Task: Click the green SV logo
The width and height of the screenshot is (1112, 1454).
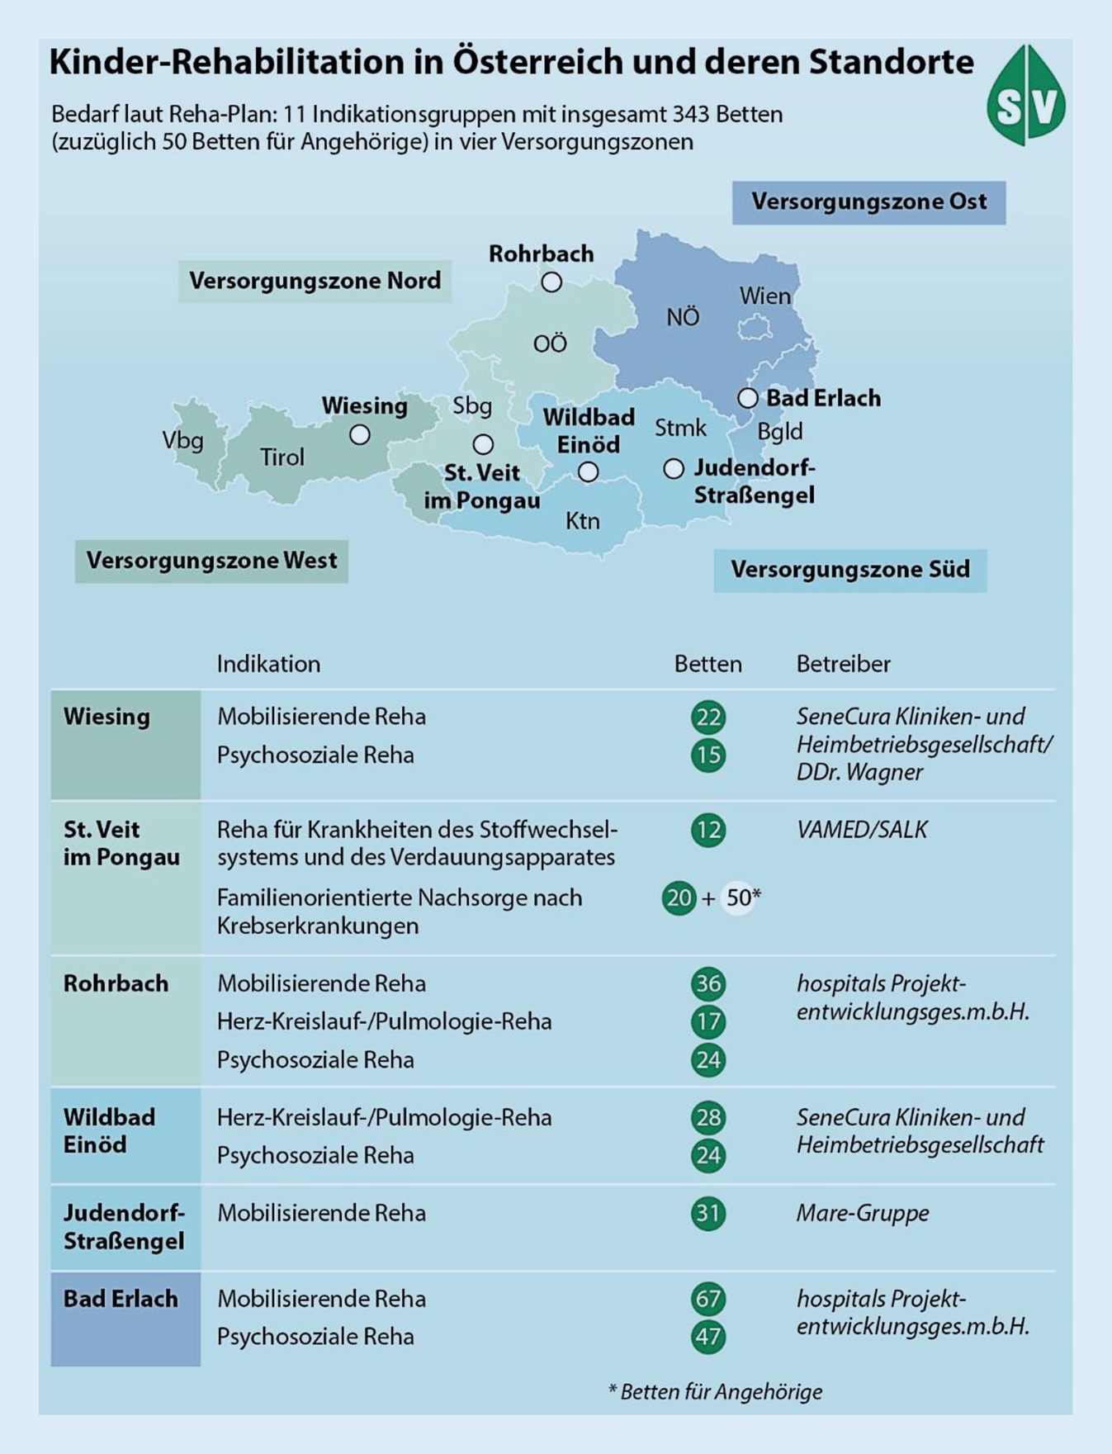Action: pyautogui.click(x=1025, y=96)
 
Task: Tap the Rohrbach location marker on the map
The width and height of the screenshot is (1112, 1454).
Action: pyautogui.click(x=551, y=282)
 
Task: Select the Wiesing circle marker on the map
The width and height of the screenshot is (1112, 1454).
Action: pyautogui.click(x=359, y=435)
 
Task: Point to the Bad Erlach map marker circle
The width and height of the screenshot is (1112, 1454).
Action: pyautogui.click(x=748, y=398)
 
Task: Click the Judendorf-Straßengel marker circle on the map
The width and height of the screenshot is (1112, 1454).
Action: pyautogui.click(x=674, y=469)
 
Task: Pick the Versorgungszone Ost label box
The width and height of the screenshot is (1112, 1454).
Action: pyautogui.click(x=868, y=202)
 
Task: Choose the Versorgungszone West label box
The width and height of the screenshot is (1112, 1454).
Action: pyautogui.click(x=211, y=561)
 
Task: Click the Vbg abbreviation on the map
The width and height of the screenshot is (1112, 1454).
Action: pyautogui.click(x=183, y=440)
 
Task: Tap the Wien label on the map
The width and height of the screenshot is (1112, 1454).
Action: pyautogui.click(x=764, y=296)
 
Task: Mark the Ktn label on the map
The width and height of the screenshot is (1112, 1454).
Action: pyautogui.click(x=583, y=521)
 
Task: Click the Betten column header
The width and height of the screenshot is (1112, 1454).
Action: pyautogui.click(x=707, y=664)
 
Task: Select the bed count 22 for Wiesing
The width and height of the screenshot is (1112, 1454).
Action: pyautogui.click(x=708, y=717)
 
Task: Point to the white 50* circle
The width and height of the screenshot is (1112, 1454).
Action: pyautogui.click(x=739, y=898)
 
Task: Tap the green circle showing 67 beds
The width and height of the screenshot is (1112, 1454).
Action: pyautogui.click(x=708, y=1299)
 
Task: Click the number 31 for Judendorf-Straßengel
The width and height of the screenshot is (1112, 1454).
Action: pyautogui.click(x=708, y=1213)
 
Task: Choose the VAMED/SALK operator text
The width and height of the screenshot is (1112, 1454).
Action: pyautogui.click(x=862, y=829)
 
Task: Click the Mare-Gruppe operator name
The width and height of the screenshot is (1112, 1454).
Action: pyautogui.click(x=863, y=1213)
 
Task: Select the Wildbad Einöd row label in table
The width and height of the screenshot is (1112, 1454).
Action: pyautogui.click(x=110, y=1131)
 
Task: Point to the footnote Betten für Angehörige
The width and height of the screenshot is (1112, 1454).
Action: pyautogui.click(x=716, y=1392)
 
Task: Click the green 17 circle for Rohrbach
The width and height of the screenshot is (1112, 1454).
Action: pyautogui.click(x=708, y=1022)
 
